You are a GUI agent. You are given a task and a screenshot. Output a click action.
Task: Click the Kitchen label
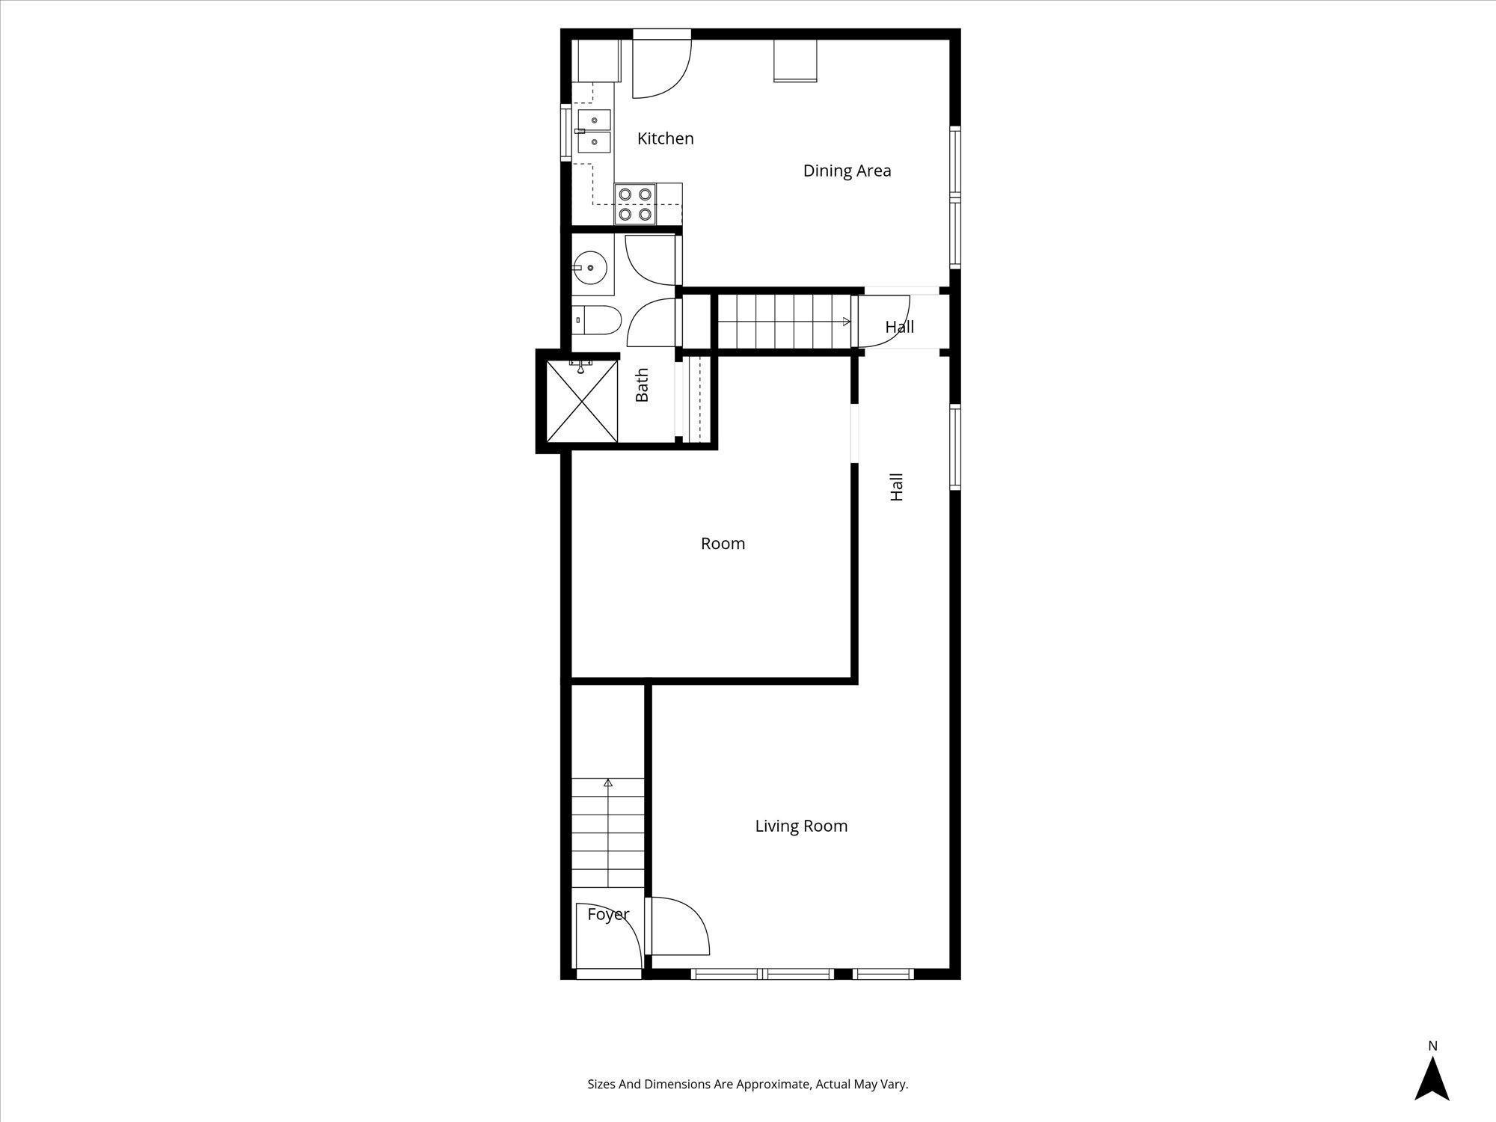coord(665,138)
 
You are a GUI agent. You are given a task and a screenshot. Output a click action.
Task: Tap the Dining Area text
coord(847,171)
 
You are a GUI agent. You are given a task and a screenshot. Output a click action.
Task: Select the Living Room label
coord(801,826)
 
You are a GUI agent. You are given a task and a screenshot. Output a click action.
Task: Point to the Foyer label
coord(607,914)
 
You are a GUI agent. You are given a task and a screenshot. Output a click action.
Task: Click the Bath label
coord(642,385)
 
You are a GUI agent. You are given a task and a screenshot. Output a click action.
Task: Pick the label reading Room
coord(723,544)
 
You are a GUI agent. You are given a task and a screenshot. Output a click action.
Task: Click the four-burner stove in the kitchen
coord(635,204)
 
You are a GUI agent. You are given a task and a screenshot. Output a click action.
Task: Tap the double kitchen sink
coord(594,131)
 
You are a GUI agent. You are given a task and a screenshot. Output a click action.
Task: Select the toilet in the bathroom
coord(598,320)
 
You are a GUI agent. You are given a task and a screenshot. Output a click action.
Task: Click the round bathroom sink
coord(590,267)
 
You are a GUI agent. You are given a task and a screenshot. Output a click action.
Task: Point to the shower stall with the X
coord(582,402)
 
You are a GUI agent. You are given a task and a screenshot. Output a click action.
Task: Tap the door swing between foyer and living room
coord(677,928)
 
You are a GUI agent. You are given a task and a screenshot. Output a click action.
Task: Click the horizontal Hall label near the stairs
coord(899,327)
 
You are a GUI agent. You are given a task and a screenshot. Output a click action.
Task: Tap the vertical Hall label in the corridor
coord(897,487)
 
